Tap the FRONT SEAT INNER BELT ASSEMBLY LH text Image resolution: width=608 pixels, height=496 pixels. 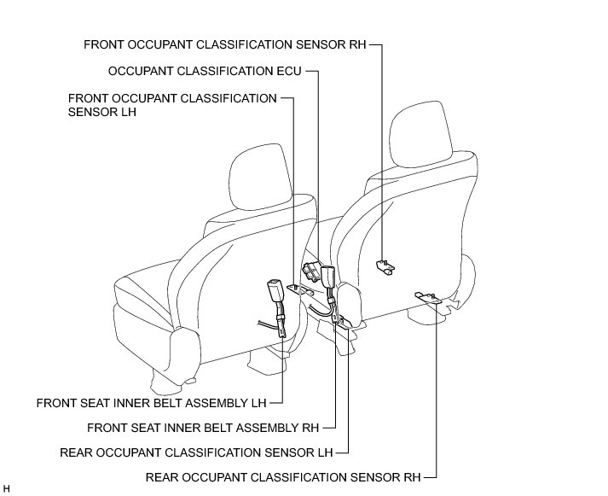[x=159, y=401]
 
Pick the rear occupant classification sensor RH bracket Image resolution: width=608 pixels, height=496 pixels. [x=428, y=297]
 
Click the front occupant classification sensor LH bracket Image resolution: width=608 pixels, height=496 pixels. [x=295, y=290]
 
